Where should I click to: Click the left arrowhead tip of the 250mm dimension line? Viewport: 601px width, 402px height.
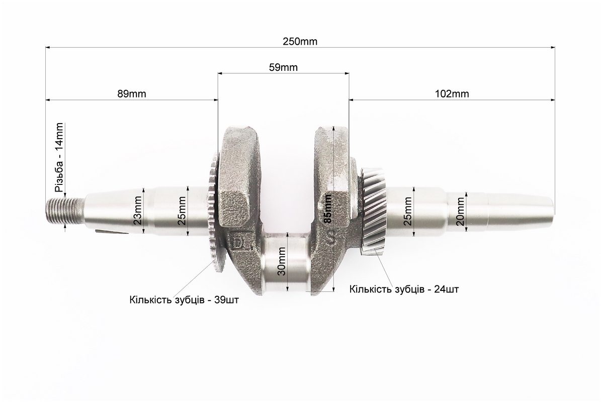point(46,48)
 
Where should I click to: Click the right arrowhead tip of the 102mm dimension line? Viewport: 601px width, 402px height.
point(555,100)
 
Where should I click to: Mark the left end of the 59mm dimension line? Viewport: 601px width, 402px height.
point(218,73)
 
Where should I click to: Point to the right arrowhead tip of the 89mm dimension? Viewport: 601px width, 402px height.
point(218,100)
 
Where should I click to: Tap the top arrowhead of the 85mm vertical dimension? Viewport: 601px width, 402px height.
point(334,127)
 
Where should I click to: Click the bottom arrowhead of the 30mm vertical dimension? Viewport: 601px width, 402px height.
point(288,291)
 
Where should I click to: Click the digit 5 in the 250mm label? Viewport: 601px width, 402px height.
point(292,41)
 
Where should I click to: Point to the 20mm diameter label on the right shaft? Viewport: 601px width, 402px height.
point(460,212)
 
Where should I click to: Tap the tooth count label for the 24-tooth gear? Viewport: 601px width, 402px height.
point(404,288)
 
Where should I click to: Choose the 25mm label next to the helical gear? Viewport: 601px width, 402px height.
point(408,211)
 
